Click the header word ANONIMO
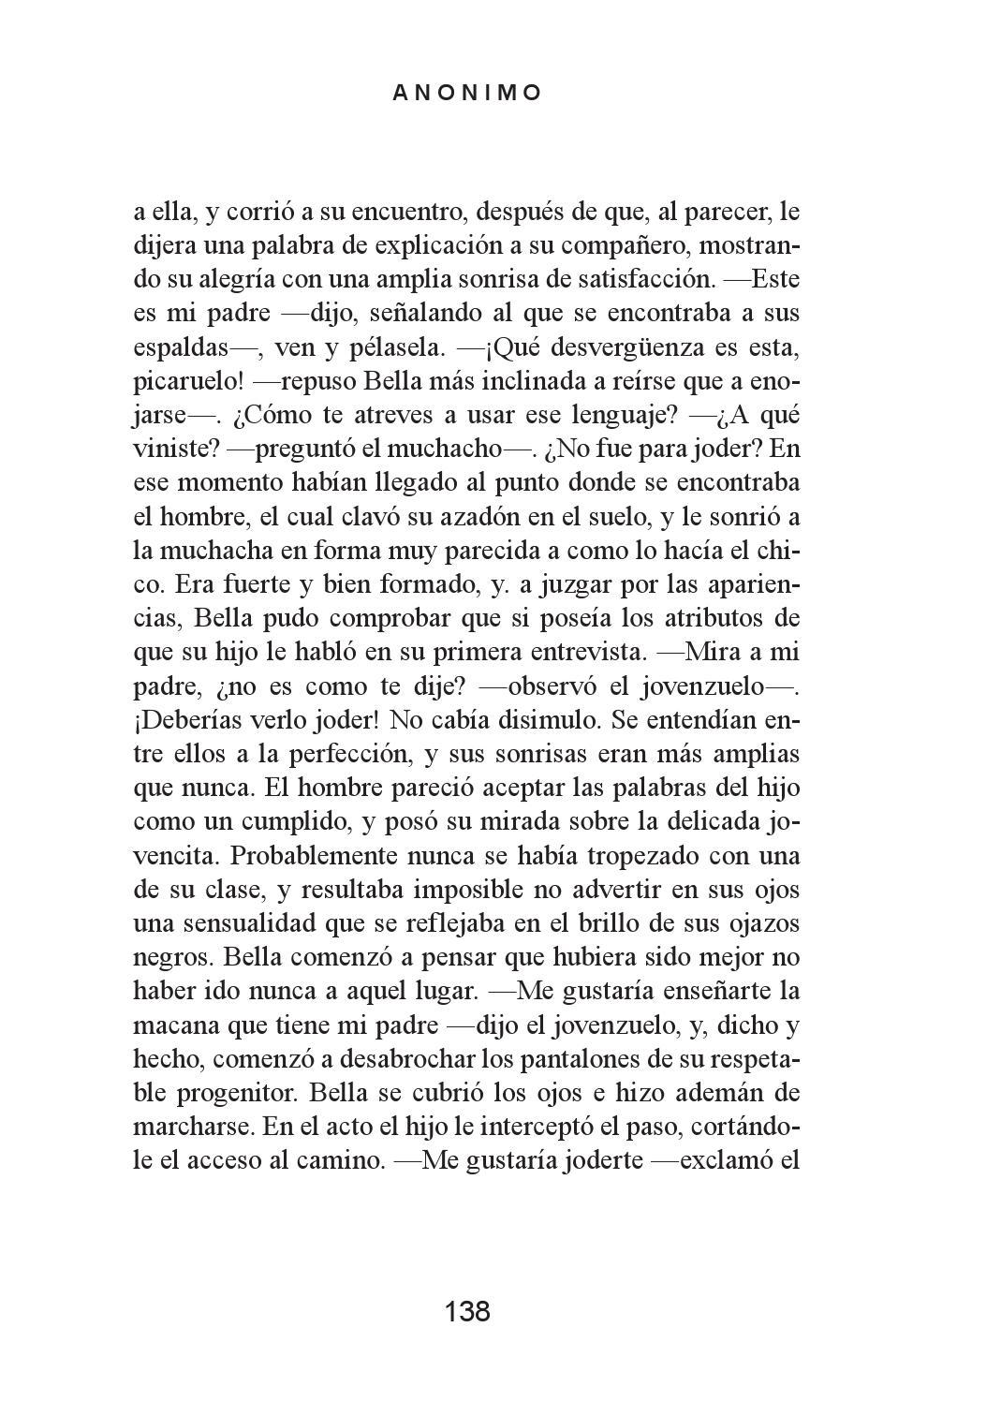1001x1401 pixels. coord(467,93)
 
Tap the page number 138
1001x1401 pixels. coord(467,1311)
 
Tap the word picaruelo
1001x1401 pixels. coord(187,382)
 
